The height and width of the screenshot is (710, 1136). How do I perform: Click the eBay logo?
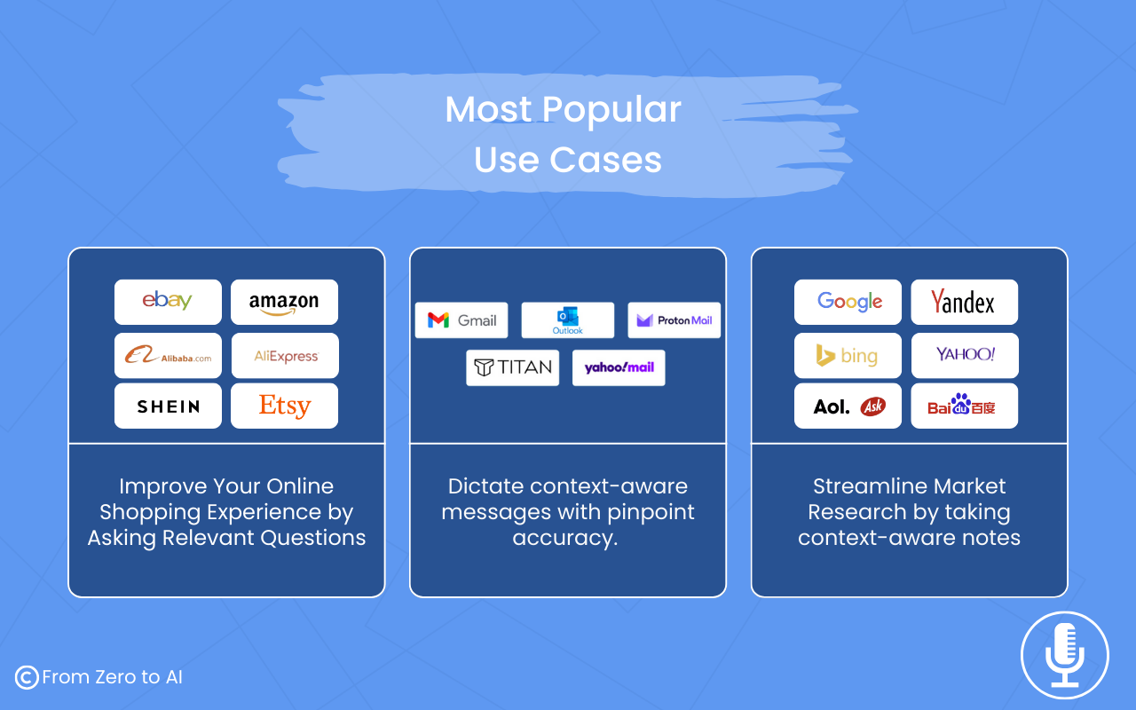coord(168,301)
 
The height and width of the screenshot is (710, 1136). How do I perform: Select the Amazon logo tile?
coord(284,303)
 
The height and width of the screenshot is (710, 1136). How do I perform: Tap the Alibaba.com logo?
coord(168,355)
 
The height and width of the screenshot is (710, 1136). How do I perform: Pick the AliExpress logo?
coord(286,356)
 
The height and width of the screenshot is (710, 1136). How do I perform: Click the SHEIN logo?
coord(169,406)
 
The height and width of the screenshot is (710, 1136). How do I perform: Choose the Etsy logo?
coord(285,406)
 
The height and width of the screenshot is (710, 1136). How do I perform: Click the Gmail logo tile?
coord(461,320)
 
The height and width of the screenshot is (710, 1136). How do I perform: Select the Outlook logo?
coord(567,320)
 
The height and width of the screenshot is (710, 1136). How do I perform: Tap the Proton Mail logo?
coord(674,320)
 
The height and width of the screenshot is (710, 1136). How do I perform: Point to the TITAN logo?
coord(513,367)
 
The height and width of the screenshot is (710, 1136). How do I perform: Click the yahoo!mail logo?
coord(619,367)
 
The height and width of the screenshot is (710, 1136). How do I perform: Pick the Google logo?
coord(849,302)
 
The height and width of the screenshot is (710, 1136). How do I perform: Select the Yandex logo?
coord(963,302)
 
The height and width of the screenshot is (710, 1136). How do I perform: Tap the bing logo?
coord(847,356)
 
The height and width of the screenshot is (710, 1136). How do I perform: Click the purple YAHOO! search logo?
coord(965,354)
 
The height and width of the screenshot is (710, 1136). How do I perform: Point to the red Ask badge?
coord(872,406)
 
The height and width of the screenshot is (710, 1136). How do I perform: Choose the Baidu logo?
coord(961,406)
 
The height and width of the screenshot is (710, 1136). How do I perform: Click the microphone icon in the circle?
coord(1064,655)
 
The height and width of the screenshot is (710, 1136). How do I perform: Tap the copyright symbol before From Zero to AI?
coord(27,677)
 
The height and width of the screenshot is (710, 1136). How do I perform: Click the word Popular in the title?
coord(611,111)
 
